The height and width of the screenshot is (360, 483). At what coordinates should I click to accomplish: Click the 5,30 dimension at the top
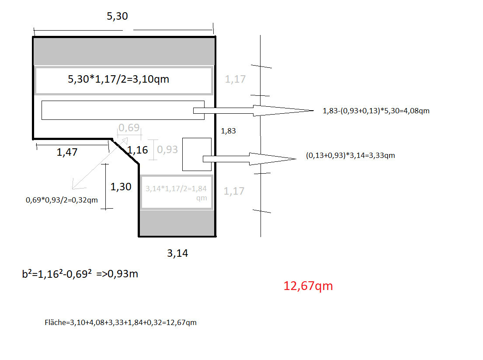[x=117, y=16]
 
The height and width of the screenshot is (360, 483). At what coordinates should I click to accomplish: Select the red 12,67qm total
[x=308, y=286]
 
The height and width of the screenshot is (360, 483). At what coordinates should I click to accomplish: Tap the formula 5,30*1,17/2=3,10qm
[x=118, y=79]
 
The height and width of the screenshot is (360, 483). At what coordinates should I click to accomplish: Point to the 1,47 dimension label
[x=67, y=152]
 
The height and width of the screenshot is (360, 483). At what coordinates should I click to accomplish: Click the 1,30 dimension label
[x=121, y=186]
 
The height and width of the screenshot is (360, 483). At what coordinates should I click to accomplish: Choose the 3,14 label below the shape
[x=177, y=253]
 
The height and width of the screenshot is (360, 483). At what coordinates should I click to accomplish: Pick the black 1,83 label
[x=228, y=131]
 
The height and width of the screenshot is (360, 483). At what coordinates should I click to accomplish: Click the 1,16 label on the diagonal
[x=138, y=150]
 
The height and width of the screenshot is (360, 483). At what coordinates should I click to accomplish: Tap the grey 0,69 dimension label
[x=129, y=127]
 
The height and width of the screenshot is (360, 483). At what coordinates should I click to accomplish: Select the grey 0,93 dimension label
[x=167, y=150]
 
